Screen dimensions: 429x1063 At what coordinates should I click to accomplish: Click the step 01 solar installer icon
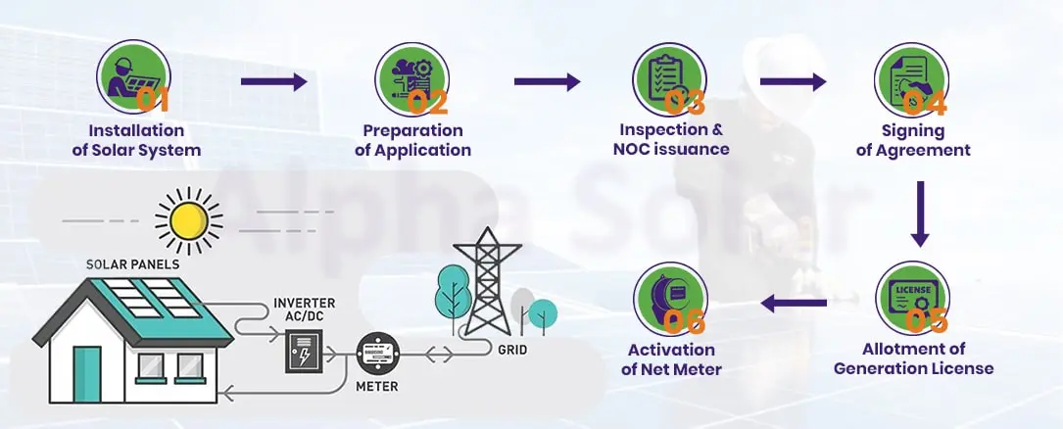pyautogui.click(x=134, y=76)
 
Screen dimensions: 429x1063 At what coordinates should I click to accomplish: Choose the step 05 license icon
pyautogui.click(x=911, y=296)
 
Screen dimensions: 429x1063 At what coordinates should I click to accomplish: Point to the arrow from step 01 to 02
pyautogui.click(x=273, y=82)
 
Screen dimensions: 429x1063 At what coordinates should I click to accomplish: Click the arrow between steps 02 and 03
pyautogui.click(x=547, y=82)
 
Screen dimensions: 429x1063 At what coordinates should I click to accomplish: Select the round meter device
pyautogui.click(x=377, y=355)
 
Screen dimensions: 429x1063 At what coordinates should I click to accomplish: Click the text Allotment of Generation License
pyautogui.click(x=913, y=358)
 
